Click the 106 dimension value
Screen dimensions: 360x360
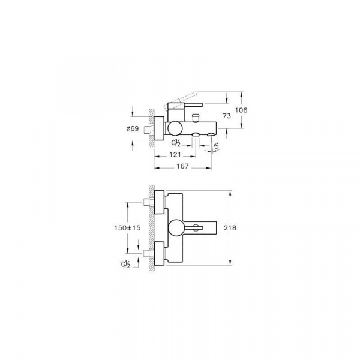pyautogui.click(x=241, y=110)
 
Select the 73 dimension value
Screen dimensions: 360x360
pyautogui.click(x=227, y=116)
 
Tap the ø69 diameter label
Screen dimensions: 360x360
pyautogui.click(x=133, y=128)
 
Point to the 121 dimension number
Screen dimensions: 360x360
pyautogui.click(x=175, y=155)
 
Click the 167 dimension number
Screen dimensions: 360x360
pyautogui.click(x=182, y=166)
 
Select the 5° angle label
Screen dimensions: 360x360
pyautogui.click(x=216, y=146)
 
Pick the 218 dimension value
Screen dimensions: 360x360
pyautogui.click(x=230, y=228)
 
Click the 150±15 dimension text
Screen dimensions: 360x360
pyautogui.click(x=127, y=228)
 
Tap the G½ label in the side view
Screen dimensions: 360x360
pyautogui.click(x=176, y=143)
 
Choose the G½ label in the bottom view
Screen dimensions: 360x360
pyautogui.click(x=125, y=265)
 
